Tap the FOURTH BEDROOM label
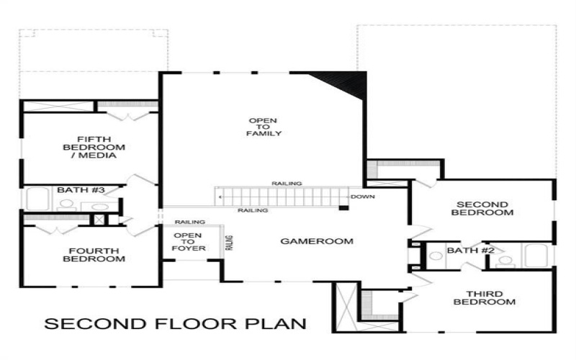(x=94, y=255)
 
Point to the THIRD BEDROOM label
(x=484, y=297)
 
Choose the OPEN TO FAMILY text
(x=264, y=127)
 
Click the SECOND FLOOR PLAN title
(x=175, y=324)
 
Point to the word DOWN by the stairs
(x=362, y=197)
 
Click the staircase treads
(x=281, y=197)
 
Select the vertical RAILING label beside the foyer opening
(x=230, y=243)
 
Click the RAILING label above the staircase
(x=287, y=184)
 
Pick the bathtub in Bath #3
(x=36, y=199)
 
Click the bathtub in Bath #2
(x=536, y=256)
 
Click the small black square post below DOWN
(x=344, y=208)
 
